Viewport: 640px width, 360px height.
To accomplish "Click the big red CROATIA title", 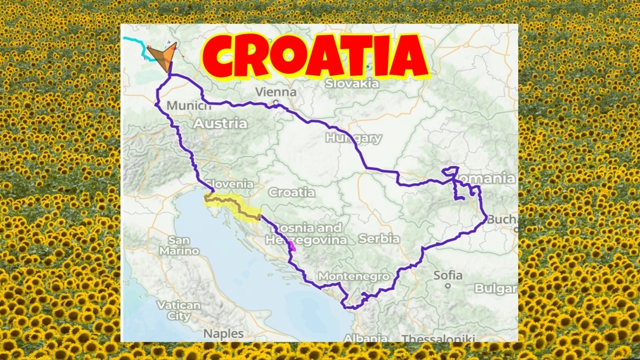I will tap(315, 56).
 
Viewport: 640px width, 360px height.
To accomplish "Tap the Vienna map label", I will tap(275, 92).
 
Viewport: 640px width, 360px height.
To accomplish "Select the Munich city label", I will tap(189, 106).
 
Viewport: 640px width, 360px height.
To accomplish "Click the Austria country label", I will tap(220, 123).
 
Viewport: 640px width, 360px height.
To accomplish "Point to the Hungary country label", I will tap(353, 138).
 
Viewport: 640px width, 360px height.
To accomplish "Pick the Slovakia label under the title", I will tap(352, 83).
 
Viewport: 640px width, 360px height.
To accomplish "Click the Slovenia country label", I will tap(230, 184).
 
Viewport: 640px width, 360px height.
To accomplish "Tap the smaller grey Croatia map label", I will tap(291, 192).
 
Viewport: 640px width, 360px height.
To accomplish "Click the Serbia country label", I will tap(378, 239).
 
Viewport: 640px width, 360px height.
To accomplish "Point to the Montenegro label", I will tap(353, 276).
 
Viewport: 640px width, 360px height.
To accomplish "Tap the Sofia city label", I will tap(448, 275).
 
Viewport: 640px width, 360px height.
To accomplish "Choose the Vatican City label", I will tap(179, 310).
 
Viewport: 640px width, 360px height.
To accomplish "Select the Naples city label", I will tap(223, 333).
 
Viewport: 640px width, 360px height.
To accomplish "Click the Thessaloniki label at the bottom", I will tap(438, 338).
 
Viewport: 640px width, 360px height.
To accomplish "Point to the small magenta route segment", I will tap(291, 245).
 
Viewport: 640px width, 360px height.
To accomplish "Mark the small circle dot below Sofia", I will tap(448, 286).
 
